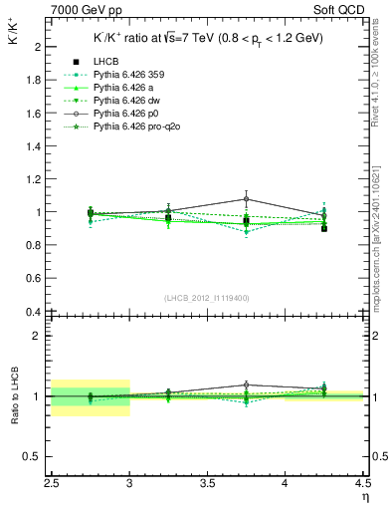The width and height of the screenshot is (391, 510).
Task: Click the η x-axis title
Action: tap(365, 497)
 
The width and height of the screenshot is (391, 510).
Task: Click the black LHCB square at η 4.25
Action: tap(323, 228)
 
